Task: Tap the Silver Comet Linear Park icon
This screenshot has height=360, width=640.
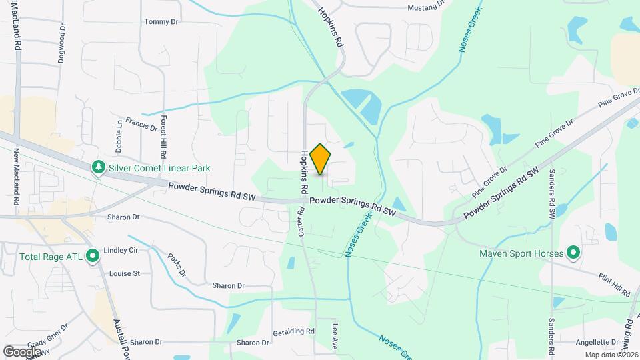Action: pos(98,166)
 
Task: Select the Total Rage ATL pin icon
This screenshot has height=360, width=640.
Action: pos(93,255)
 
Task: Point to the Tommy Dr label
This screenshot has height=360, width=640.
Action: pos(161,22)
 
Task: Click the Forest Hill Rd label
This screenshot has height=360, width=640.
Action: pos(163,132)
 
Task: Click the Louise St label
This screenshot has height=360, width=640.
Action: pos(124,273)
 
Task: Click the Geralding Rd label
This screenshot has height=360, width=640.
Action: pos(293,331)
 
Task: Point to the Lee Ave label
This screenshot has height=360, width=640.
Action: pos(335,337)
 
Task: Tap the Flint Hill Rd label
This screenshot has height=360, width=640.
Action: pos(613,285)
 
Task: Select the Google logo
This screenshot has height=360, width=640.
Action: pos(22,351)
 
